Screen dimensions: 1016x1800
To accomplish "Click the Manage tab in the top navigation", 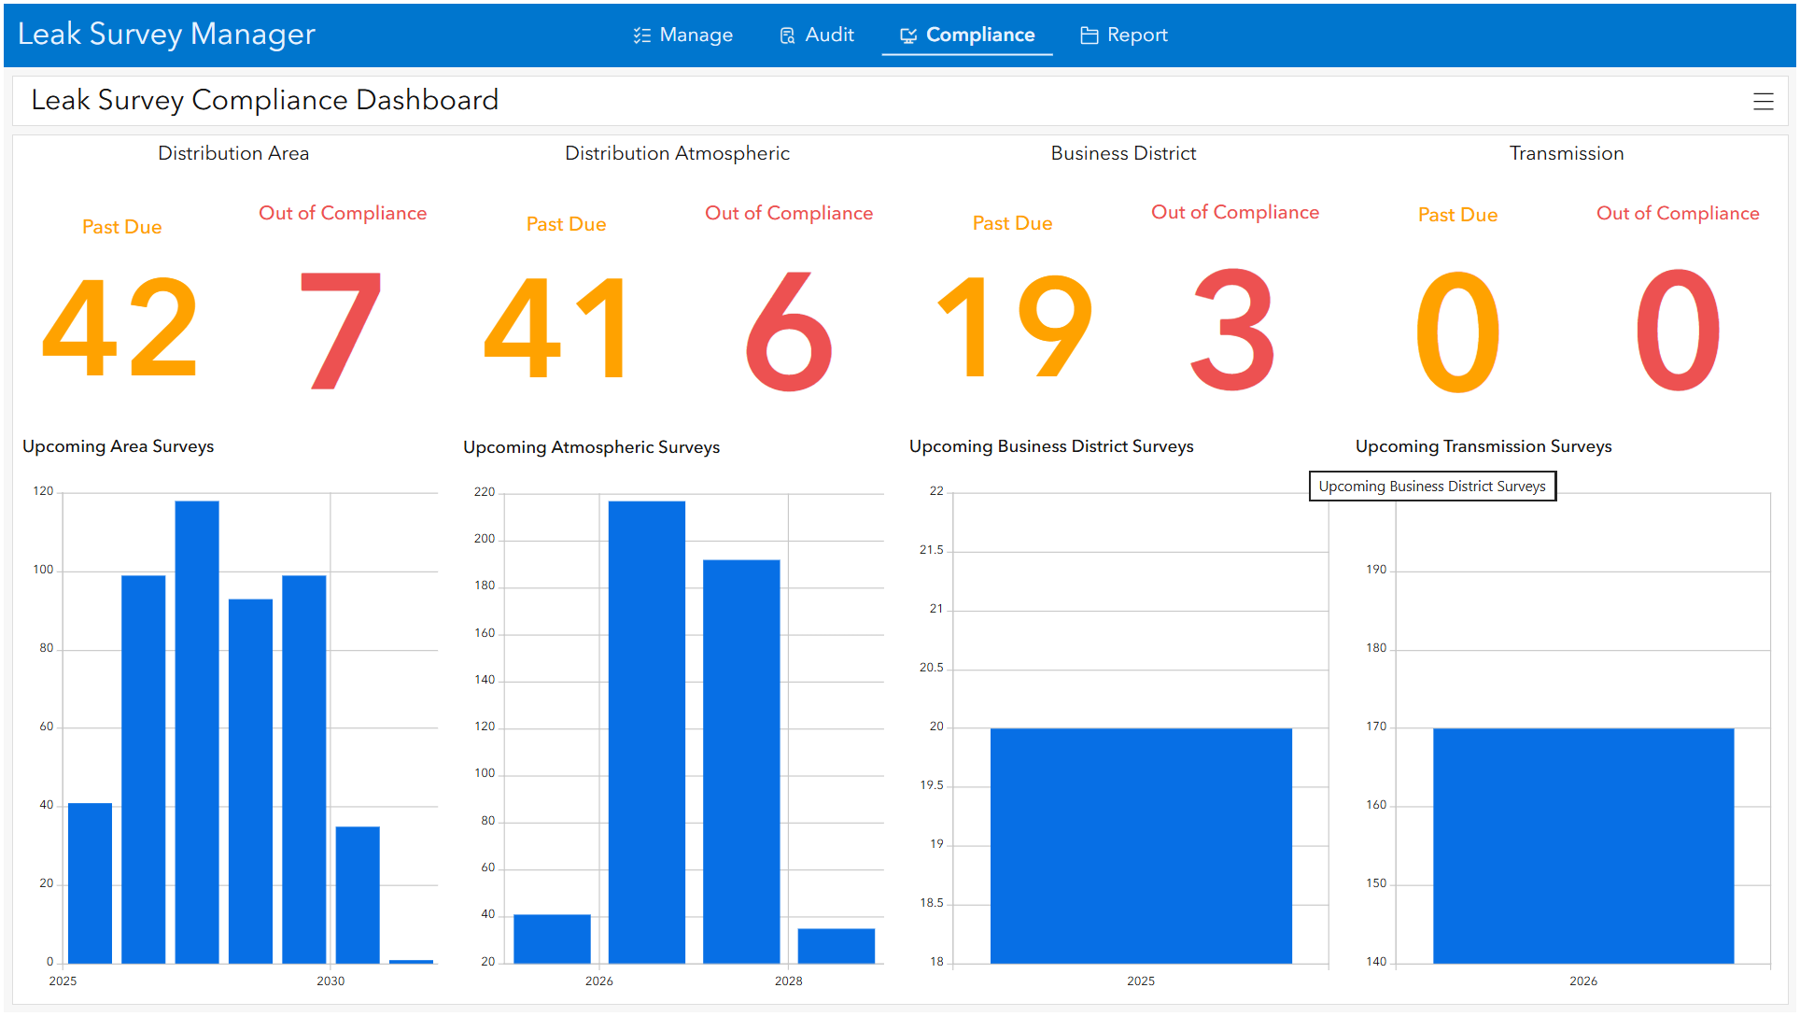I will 683,35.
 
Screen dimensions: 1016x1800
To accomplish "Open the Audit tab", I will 817,35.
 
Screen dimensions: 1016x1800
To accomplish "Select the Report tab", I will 1124,35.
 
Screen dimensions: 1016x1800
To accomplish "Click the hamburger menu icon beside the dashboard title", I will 1763,102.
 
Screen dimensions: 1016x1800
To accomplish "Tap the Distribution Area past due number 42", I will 120,327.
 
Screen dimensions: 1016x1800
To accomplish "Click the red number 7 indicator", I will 342,329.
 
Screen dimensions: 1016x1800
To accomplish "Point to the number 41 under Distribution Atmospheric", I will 556,327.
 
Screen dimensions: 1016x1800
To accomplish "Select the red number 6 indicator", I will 789,331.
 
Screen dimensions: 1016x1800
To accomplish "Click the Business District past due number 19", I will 1014,327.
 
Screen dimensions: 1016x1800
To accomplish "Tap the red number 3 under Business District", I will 1233,329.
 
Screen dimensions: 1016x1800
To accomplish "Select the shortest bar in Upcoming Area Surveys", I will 411,961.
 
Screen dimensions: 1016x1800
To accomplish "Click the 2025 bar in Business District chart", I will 1141,845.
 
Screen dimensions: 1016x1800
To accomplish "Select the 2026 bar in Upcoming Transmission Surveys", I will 1583,845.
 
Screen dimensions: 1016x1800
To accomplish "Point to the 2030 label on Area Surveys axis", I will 330,981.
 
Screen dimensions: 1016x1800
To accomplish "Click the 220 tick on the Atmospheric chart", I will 485,492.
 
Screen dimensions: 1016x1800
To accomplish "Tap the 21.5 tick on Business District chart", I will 931,550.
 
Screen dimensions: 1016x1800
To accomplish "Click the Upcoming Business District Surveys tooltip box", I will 1432,487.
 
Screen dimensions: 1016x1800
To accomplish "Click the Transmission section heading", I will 1566,153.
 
